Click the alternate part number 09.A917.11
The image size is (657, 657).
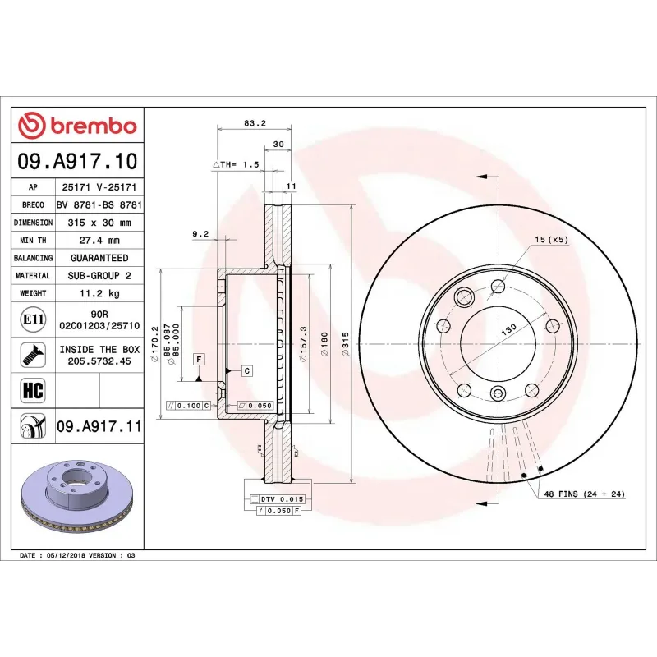point(99,426)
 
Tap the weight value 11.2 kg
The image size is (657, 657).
point(99,293)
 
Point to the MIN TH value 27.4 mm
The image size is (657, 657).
point(99,241)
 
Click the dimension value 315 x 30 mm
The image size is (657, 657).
point(99,223)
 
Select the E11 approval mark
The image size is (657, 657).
point(34,319)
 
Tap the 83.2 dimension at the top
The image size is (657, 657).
point(255,124)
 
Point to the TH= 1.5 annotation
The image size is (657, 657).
point(239,165)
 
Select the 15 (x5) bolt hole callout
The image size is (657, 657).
point(551,240)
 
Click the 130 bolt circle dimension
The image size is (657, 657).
point(510,327)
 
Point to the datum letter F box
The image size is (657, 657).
point(199,359)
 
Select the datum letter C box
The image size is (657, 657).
point(246,371)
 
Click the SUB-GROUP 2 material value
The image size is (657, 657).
point(99,276)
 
